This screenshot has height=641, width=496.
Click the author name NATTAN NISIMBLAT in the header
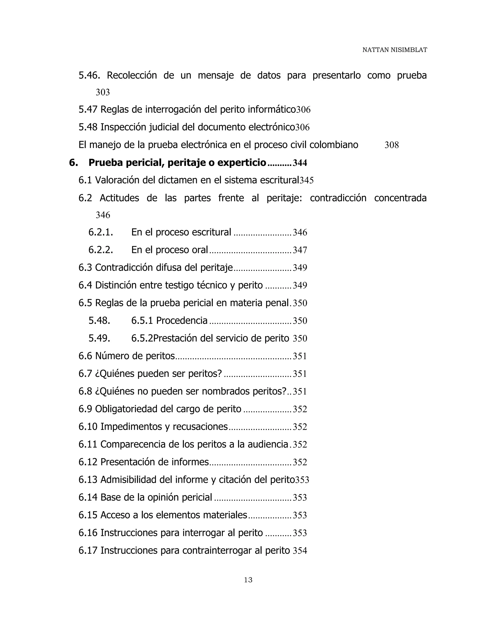coord(394,50)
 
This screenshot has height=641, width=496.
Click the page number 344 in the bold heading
coord(300,163)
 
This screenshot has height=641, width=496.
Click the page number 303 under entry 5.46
coord(102,92)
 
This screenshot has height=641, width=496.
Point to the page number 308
coord(391,145)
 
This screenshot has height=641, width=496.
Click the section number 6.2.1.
coord(101,232)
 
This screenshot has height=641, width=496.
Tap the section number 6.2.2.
coord(101,250)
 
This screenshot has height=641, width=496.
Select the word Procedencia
coord(182,320)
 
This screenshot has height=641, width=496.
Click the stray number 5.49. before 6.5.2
coord(99,338)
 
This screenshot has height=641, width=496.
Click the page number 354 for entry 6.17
coord(300,551)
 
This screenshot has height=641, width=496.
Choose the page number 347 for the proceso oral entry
coord(300,250)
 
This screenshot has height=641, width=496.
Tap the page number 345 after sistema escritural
coord(306,180)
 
